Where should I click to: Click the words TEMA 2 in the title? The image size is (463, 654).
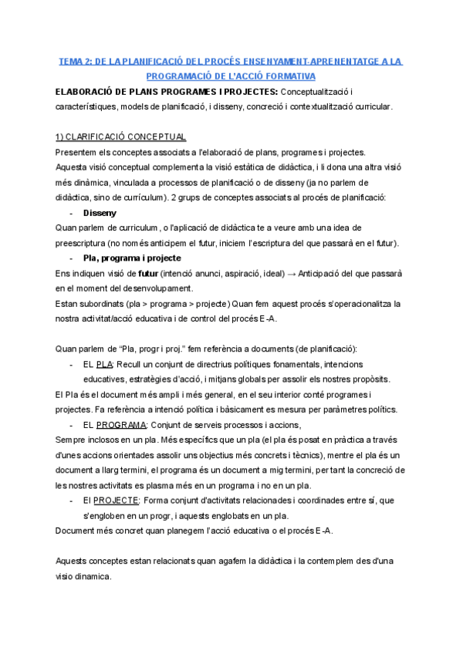pos(74,61)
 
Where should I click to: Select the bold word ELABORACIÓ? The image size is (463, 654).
pos(86,92)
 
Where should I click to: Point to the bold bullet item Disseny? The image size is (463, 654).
pos(99,213)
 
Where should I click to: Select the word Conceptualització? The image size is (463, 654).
pos(323,92)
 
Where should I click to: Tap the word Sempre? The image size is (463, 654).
pos(71,440)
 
